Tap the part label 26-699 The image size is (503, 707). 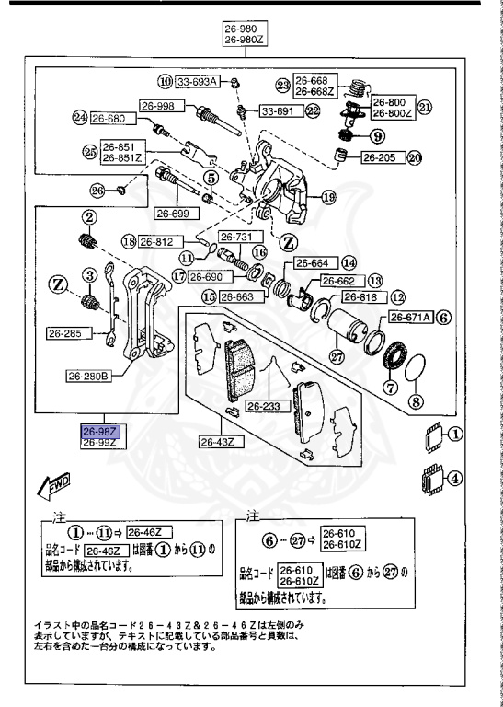click(172, 214)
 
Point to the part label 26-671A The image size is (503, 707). click(408, 317)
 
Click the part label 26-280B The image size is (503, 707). click(88, 375)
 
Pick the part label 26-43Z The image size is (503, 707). click(220, 441)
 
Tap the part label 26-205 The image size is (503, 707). click(376, 157)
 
